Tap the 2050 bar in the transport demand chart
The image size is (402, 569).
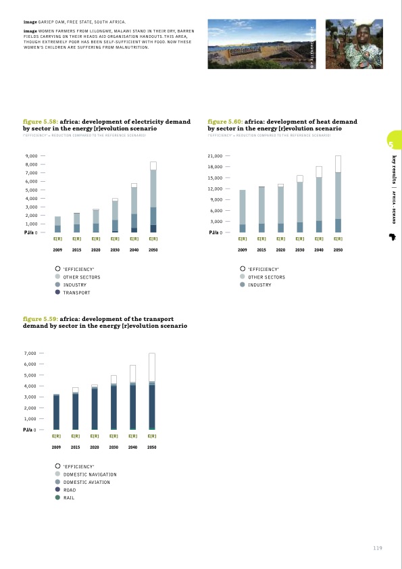click(x=153, y=391)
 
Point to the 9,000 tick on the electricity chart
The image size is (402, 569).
click(x=31, y=156)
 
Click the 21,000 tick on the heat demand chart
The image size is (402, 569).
click(x=216, y=156)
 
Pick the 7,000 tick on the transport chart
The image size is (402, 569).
click(x=31, y=353)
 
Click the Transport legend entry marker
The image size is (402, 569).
click(x=58, y=293)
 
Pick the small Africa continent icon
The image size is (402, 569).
click(x=391, y=237)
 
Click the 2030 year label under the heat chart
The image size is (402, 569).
click(x=299, y=249)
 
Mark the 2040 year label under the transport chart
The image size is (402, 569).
click(x=133, y=447)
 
